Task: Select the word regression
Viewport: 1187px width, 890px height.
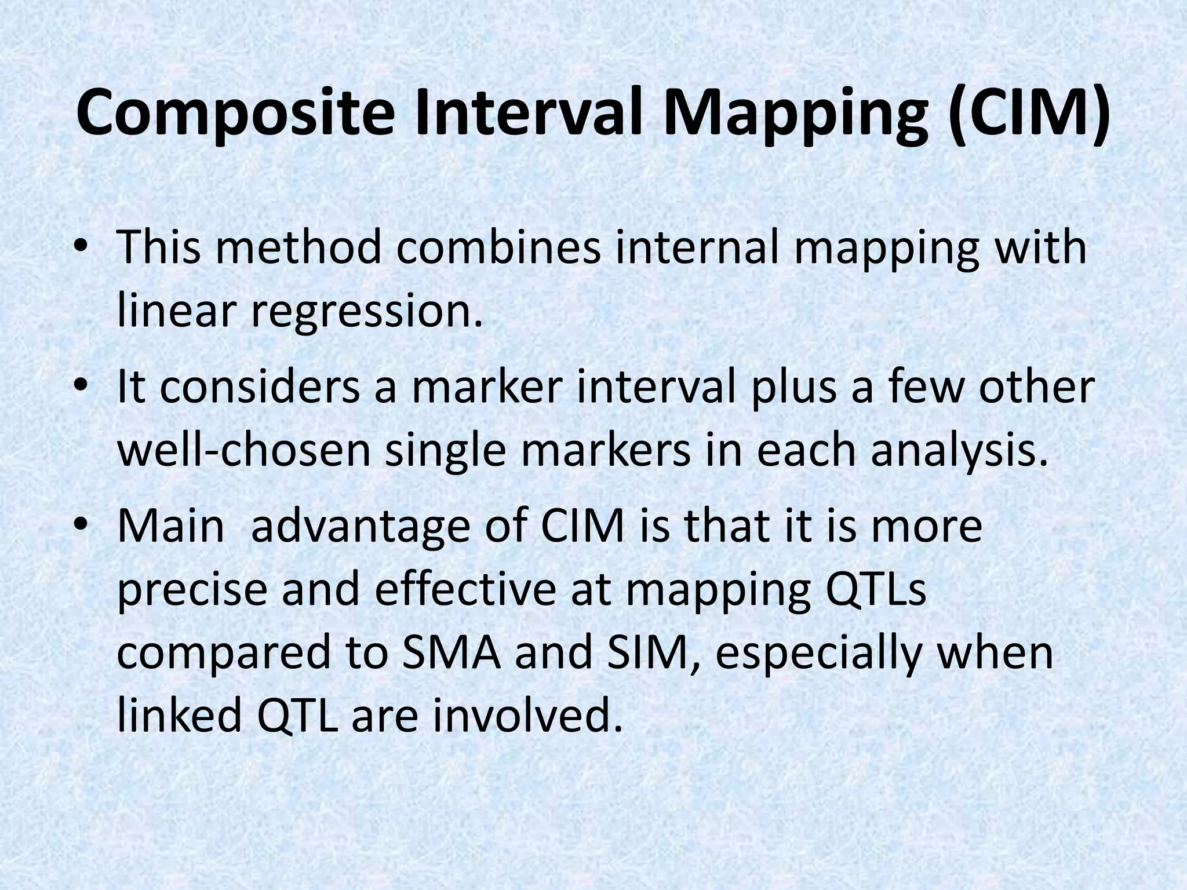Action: point(366,312)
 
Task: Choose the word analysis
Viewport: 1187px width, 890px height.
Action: point(960,451)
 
